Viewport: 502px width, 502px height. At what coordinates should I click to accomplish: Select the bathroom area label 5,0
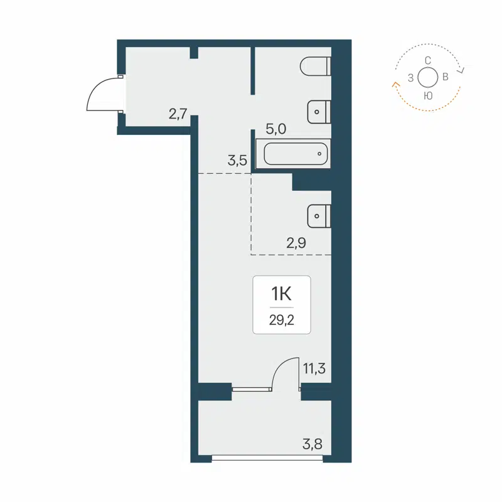276,130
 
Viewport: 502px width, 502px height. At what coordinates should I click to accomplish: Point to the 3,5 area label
237,160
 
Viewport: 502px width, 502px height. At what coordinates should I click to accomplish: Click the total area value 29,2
282,319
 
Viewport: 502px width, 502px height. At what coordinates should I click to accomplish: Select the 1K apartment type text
282,293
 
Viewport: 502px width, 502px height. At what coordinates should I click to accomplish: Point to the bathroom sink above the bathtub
319,112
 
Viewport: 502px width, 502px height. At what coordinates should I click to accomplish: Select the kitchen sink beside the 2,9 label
319,216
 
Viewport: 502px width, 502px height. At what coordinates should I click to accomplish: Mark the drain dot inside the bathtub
319,153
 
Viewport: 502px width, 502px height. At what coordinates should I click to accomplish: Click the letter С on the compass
427,60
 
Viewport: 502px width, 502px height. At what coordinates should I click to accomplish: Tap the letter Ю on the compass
427,95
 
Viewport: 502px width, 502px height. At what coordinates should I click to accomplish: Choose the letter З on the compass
410,78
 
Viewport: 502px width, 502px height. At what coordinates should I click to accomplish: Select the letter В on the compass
445,78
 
